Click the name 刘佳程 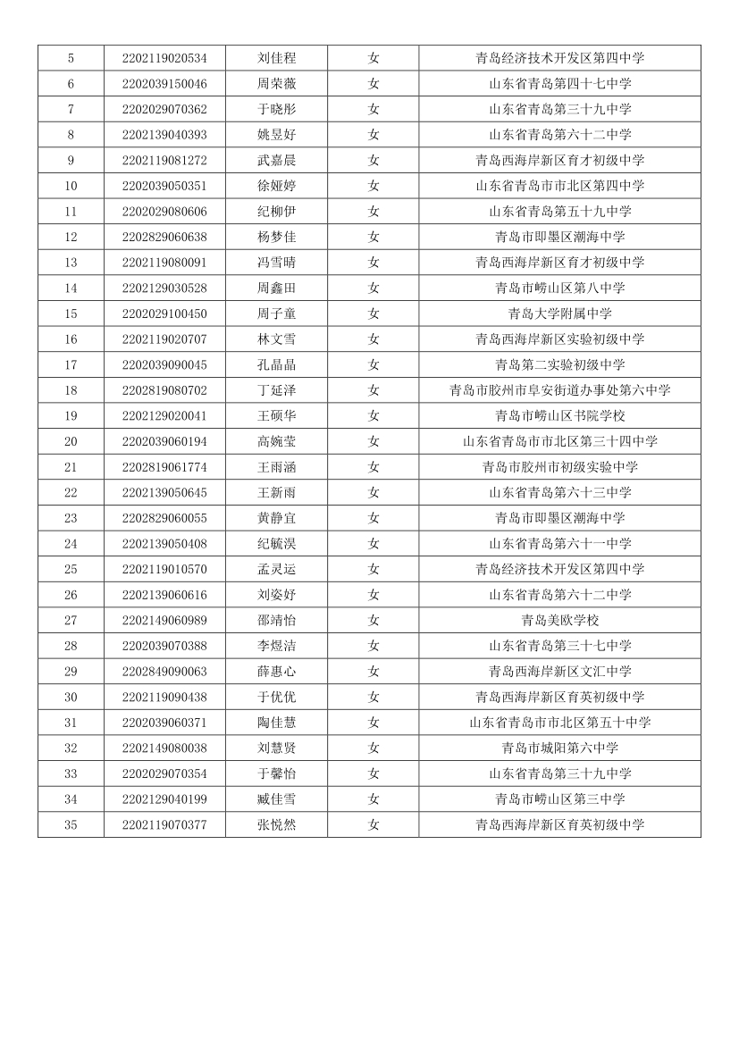click(276, 58)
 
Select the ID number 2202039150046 click(164, 84)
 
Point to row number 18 click(71, 390)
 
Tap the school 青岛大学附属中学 click(559, 313)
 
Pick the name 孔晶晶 click(276, 364)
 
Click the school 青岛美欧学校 click(559, 620)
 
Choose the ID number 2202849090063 click(164, 671)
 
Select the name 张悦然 click(276, 824)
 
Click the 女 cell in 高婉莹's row click(374, 441)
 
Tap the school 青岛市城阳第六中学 click(559, 748)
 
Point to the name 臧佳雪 click(276, 798)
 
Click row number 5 click(71, 58)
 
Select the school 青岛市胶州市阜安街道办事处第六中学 click(559, 390)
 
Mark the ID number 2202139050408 click(164, 543)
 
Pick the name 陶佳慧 click(276, 722)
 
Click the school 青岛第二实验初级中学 click(559, 364)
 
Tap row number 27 click(71, 620)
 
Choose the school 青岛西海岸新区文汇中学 click(559, 671)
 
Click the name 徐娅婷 click(276, 186)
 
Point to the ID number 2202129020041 click(164, 415)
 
